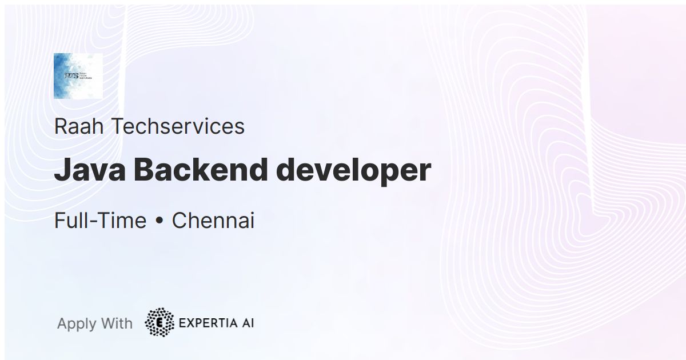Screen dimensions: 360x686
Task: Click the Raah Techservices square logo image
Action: [78, 75]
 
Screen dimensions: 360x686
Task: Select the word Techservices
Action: [177, 126]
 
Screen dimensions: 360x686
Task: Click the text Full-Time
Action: [100, 221]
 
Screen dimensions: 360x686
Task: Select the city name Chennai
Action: [213, 221]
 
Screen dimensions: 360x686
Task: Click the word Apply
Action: [77, 324]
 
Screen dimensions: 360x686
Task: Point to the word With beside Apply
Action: [116, 323]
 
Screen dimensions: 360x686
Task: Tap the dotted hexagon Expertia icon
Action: [159, 323]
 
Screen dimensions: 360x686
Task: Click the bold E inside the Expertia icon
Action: [159, 323]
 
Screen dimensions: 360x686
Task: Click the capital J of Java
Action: [60, 170]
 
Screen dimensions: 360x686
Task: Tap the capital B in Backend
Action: [147, 170]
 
